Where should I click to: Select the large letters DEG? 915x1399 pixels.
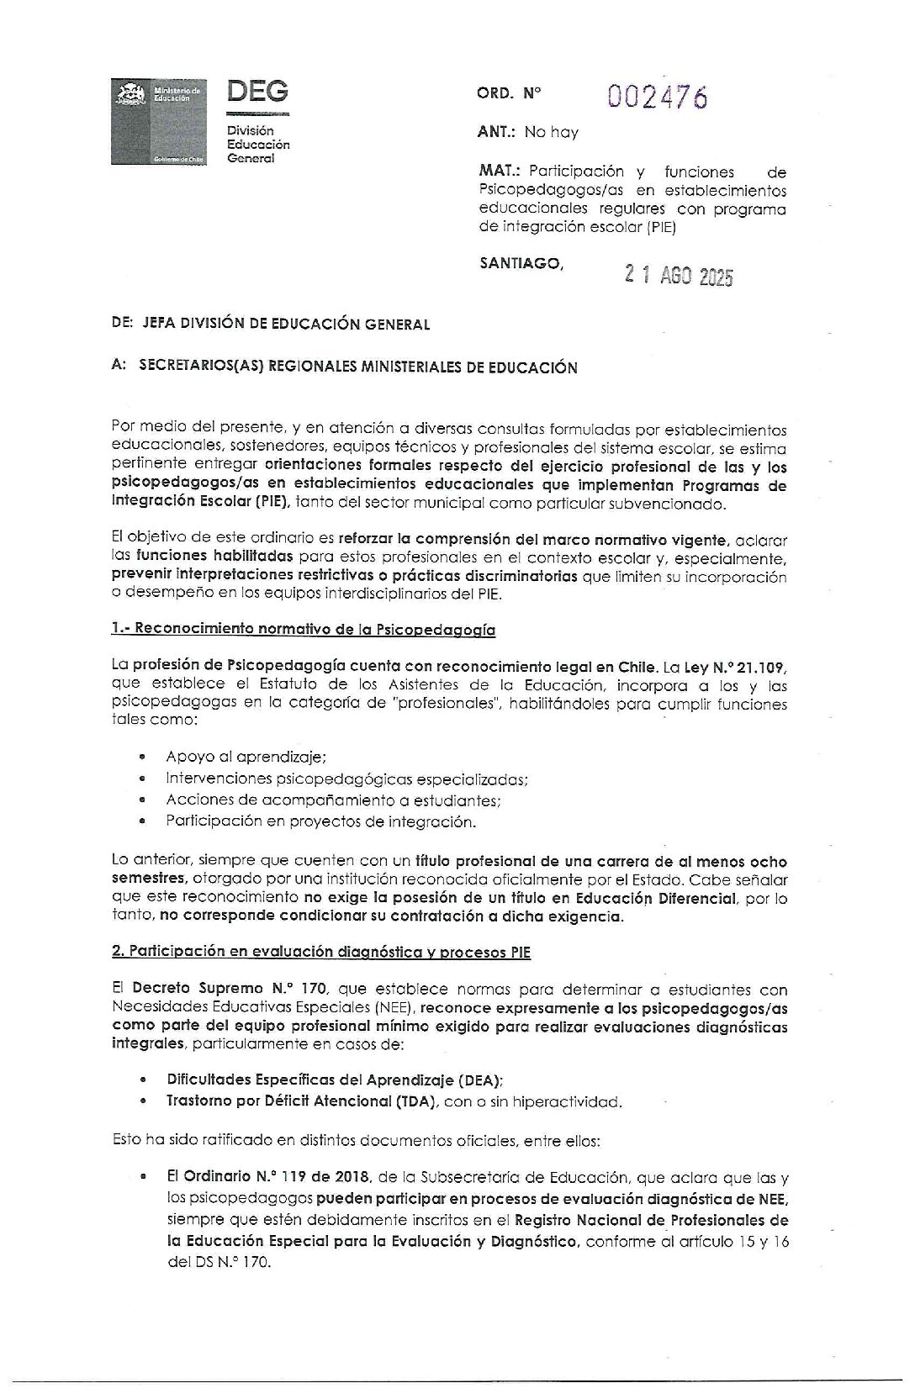coord(257,91)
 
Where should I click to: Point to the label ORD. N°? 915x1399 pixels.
coord(510,94)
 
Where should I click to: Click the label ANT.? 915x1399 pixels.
coord(496,132)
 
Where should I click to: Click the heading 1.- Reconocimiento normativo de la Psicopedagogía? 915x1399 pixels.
coord(303,629)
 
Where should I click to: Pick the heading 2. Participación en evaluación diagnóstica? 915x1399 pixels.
coord(320,952)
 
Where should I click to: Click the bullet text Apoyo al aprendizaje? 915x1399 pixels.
coord(246,757)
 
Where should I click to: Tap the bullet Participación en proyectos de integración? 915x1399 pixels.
coord(320,821)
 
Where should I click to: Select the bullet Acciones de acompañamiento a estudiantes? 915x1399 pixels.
coord(333,800)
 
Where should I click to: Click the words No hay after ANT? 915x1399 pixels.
coord(551,132)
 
